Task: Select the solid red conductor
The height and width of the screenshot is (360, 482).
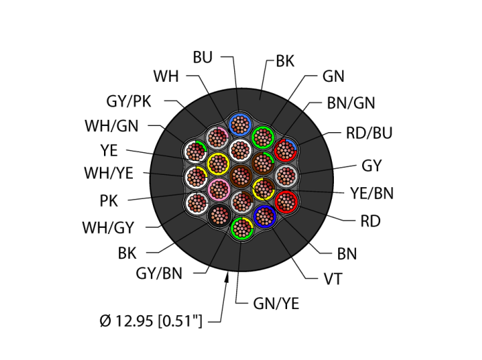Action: (x=286, y=202)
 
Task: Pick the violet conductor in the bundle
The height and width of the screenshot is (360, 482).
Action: (x=264, y=217)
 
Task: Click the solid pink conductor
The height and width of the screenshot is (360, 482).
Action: (x=219, y=188)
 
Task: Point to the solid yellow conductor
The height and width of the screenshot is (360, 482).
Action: (x=219, y=164)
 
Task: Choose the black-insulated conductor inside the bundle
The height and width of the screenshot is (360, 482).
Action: (x=220, y=213)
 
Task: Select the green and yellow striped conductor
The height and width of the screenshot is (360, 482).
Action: (x=241, y=227)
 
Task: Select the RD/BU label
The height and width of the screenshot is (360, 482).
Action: (x=368, y=133)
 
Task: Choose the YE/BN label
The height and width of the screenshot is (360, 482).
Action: (x=371, y=193)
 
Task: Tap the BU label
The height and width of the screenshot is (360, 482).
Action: (x=202, y=58)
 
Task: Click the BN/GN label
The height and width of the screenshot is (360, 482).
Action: (x=350, y=103)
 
